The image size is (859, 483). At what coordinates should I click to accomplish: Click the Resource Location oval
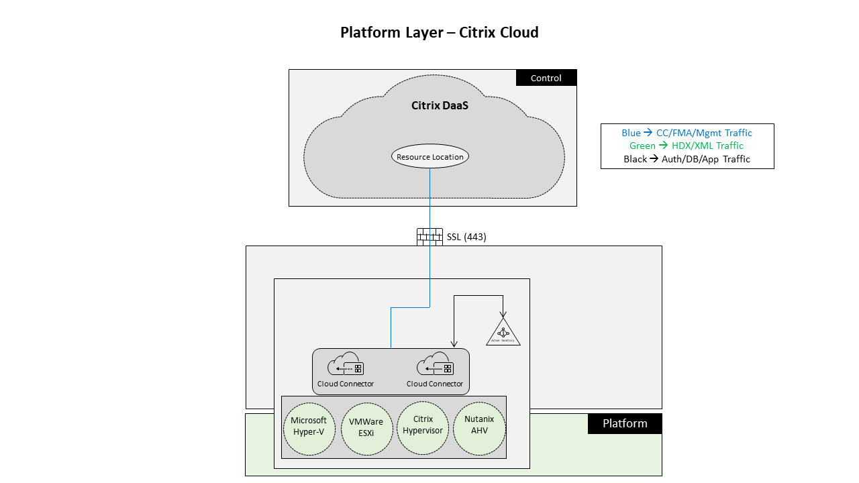430,156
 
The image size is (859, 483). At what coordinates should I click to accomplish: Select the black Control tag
546,78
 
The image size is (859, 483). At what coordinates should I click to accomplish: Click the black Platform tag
625,423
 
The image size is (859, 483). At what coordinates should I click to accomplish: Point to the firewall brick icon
429,237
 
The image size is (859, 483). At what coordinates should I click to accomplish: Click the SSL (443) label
466,237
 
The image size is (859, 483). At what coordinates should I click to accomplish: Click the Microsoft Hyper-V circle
309,426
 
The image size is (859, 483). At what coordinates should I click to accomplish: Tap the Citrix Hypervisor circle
423,425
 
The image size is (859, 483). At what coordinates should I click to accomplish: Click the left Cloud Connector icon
346,366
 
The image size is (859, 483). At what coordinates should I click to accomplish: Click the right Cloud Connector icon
435,366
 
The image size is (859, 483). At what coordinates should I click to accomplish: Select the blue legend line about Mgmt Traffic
687,133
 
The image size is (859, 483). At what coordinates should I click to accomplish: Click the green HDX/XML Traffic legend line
687,146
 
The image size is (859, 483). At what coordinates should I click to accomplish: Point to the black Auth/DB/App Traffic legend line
687,159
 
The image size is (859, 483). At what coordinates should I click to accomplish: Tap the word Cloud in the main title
517,32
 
